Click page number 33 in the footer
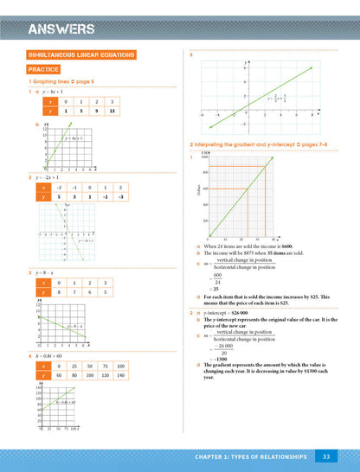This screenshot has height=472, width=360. click(x=325, y=455)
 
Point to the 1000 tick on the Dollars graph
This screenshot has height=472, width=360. click(x=205, y=157)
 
